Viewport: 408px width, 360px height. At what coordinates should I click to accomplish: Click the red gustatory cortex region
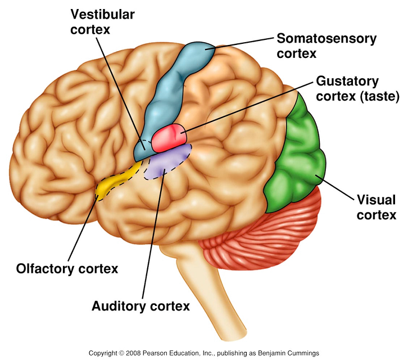[169, 138]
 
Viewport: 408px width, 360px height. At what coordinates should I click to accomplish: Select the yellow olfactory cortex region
[117, 180]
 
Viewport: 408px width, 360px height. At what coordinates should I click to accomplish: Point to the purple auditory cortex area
[168, 161]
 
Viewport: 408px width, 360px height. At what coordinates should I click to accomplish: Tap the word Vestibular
[102, 15]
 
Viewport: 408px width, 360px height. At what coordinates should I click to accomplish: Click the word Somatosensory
[327, 39]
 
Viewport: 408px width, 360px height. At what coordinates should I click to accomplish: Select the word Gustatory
[347, 81]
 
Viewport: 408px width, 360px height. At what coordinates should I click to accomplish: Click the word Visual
[377, 200]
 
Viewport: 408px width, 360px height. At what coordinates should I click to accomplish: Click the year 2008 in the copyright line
[133, 353]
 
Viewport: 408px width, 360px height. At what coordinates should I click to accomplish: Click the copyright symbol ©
[121, 353]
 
